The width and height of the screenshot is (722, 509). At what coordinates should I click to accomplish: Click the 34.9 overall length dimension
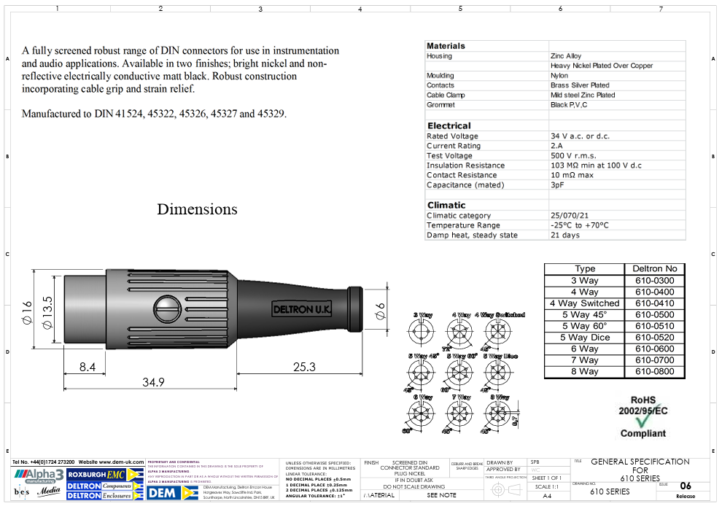(153, 382)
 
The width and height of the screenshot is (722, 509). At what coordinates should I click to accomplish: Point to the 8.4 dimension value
(87, 367)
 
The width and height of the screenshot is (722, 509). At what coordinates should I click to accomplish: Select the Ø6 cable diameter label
(379, 311)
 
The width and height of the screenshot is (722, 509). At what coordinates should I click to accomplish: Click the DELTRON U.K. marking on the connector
(302, 310)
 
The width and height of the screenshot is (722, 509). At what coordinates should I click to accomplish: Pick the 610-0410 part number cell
(654, 303)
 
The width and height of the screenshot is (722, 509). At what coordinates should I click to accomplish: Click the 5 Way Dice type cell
(584, 338)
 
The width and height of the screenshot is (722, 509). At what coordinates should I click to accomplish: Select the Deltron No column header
(654, 269)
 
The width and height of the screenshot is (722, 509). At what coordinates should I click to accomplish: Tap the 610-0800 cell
(654, 372)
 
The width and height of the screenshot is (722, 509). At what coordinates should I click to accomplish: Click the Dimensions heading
(197, 210)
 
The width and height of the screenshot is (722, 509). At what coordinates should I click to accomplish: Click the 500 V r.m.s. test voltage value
(573, 155)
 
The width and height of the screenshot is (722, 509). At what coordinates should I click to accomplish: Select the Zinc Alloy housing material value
(566, 56)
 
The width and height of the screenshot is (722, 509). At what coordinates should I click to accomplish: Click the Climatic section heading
(446, 205)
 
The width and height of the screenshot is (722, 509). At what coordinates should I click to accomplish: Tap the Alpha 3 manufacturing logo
(36, 475)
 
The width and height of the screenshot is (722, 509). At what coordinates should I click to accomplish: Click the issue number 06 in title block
(685, 486)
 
